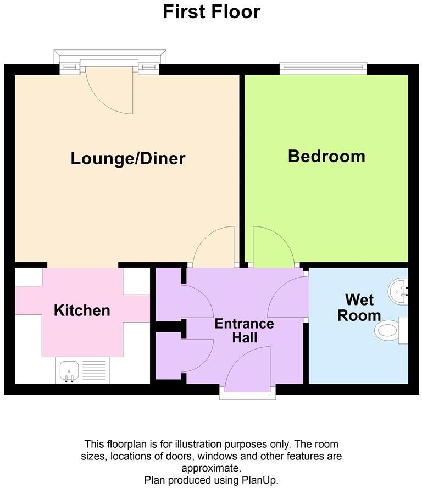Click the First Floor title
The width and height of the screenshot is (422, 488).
point(211,12)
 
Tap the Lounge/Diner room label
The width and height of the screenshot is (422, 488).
point(128,159)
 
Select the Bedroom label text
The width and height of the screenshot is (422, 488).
point(326,156)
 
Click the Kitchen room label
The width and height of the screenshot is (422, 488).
point(82,310)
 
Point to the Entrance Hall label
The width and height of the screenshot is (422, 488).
point(244,330)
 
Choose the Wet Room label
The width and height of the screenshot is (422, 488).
point(359,308)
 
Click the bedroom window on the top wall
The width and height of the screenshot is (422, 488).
point(323,68)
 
